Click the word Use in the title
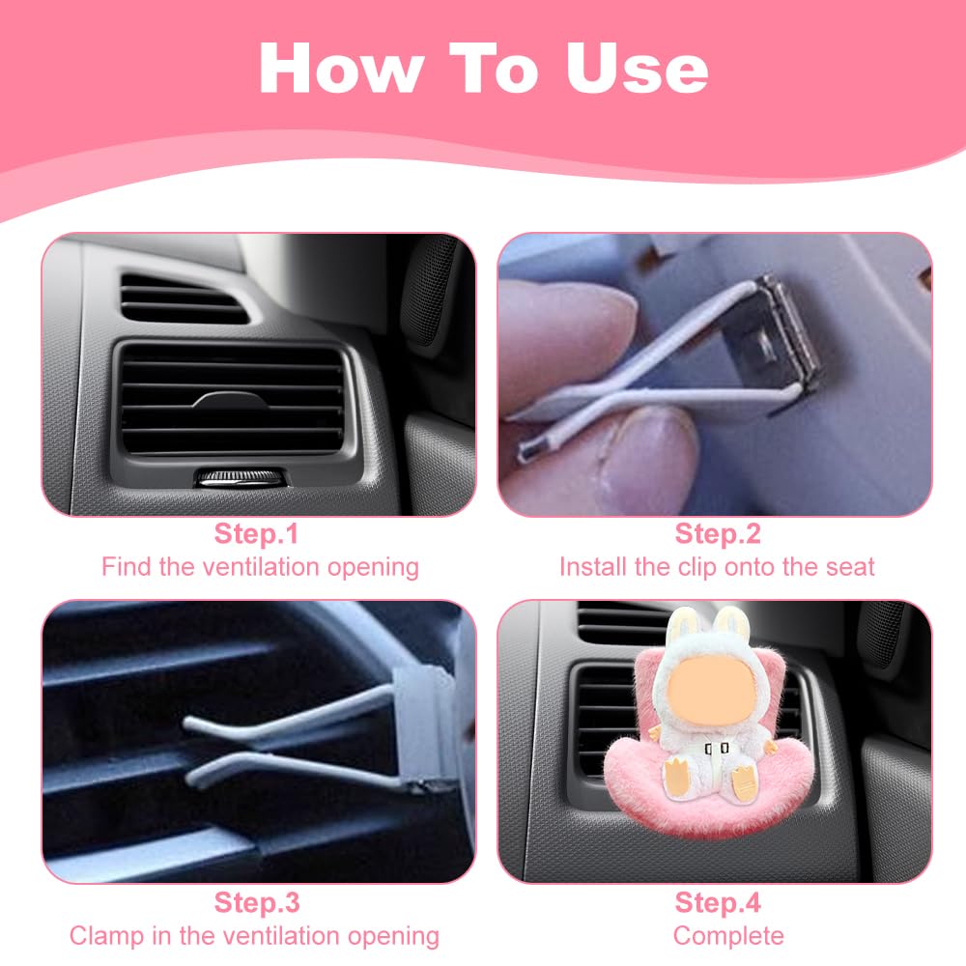[x=637, y=69]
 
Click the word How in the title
[x=343, y=68]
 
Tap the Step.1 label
[x=256, y=533]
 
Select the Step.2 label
[x=718, y=533]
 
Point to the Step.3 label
[x=257, y=902]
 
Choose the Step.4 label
[x=718, y=902]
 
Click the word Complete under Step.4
[x=728, y=936]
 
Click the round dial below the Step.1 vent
[x=241, y=477]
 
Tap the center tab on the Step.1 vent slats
[x=231, y=401]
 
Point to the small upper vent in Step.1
[x=183, y=299]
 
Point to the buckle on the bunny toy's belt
[x=717, y=748]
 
